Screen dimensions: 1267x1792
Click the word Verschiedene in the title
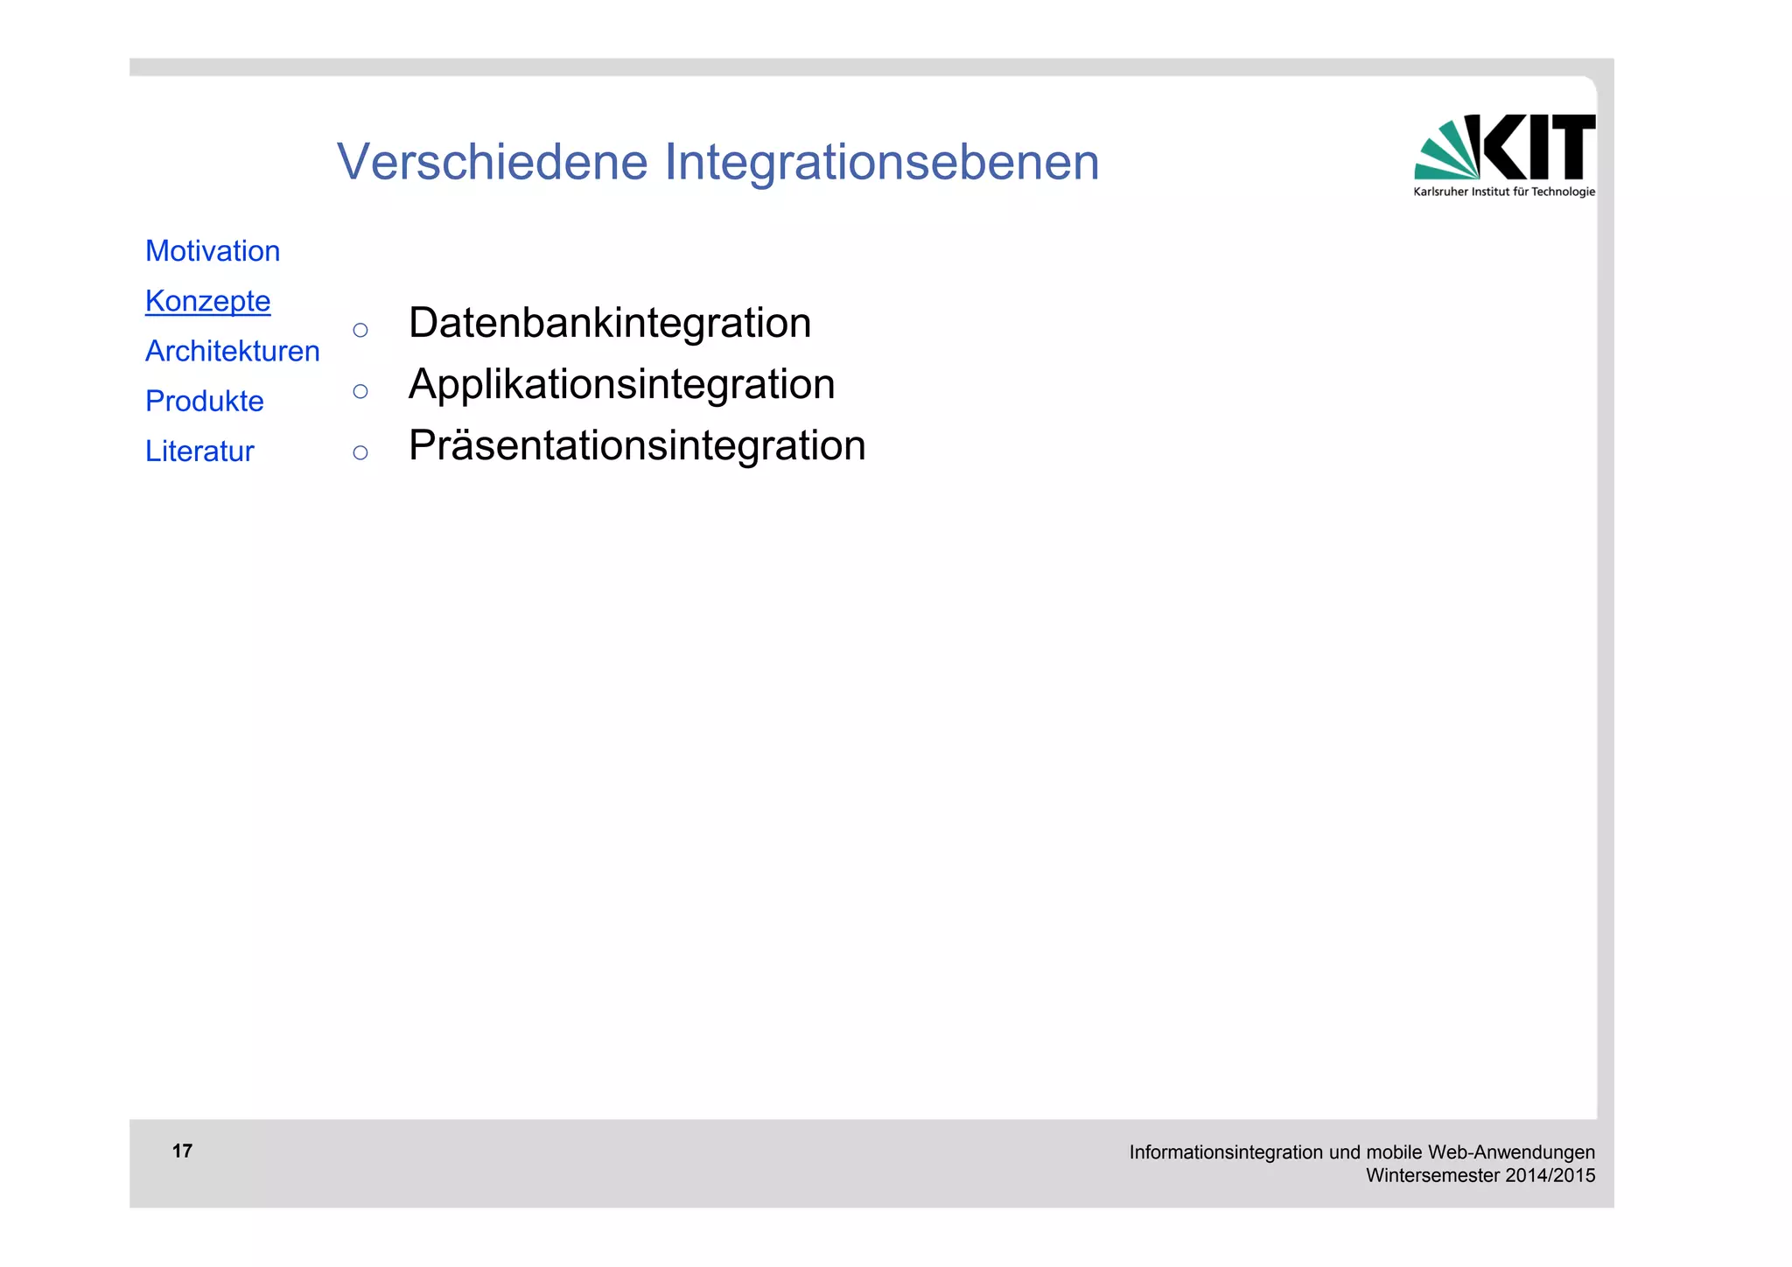[492, 162]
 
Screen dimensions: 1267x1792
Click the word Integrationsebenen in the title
[881, 162]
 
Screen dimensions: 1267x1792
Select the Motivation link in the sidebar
[213, 251]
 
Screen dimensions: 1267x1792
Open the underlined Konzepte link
[207, 301]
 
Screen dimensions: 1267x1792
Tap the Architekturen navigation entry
[232, 351]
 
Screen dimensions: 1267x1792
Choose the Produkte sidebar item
[204, 401]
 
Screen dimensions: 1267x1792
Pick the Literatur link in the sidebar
[199, 451]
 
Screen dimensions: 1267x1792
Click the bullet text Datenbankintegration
[609, 323]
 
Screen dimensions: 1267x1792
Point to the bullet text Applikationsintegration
[621, 384]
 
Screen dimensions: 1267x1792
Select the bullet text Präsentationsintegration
[636, 445]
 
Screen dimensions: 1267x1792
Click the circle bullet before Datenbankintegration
[360, 330]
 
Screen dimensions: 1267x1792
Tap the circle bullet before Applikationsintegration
[360, 391]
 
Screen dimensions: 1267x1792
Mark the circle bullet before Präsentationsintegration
[360, 452]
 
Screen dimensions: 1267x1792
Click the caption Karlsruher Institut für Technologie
[1503, 192]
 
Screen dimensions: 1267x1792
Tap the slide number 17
[182, 1151]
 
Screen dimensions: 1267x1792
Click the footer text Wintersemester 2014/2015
[1480, 1175]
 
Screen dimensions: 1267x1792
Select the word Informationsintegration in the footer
[1226, 1152]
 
